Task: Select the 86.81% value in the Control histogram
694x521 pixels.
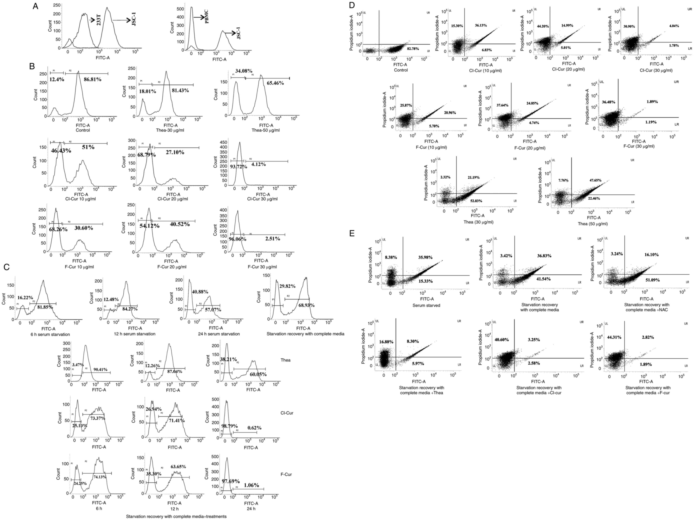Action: (92, 80)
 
